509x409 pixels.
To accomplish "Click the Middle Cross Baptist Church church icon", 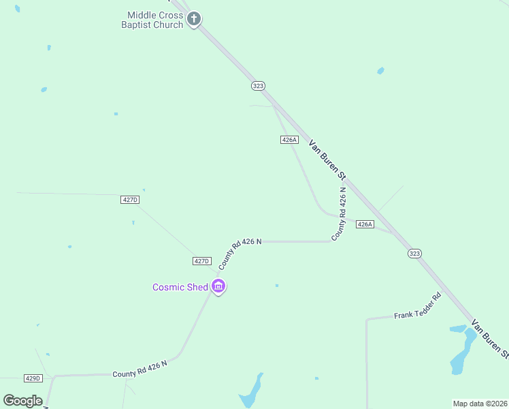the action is [194, 18].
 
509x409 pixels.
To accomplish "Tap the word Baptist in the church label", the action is [140, 25].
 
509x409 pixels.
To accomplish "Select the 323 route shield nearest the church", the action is [258, 86].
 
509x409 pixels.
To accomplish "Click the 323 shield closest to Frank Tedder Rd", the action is [414, 253].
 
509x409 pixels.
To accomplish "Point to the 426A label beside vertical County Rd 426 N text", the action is [365, 224].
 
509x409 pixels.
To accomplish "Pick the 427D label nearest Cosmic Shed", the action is [202, 261].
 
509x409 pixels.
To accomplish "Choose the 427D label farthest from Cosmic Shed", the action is [129, 200].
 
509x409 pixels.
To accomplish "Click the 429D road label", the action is [33, 378].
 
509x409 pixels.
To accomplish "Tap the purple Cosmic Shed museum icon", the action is [218, 287].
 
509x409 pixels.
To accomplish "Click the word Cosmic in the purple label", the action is [168, 287].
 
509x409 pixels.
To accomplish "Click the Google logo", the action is [22, 401].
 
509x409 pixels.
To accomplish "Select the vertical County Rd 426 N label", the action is [339, 213].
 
